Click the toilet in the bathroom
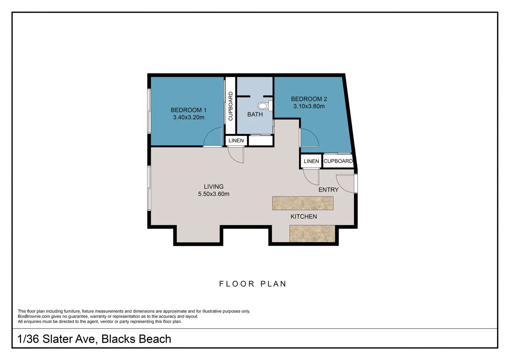click(265, 106)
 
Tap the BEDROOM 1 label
click(188, 110)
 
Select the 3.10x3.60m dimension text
click(309, 106)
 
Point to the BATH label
click(255, 114)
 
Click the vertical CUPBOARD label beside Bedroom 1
click(230, 106)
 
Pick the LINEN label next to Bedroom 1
click(236, 141)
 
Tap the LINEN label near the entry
click(311, 161)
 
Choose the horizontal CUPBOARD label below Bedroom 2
click(338, 161)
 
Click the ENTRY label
click(328, 190)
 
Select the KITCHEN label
click(304, 216)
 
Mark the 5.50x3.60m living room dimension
click(213, 194)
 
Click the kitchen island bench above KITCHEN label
click(303, 203)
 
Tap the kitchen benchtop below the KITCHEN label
click(312, 234)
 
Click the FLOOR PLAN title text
click(253, 284)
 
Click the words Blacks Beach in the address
click(136, 339)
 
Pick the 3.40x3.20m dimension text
click(188, 117)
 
